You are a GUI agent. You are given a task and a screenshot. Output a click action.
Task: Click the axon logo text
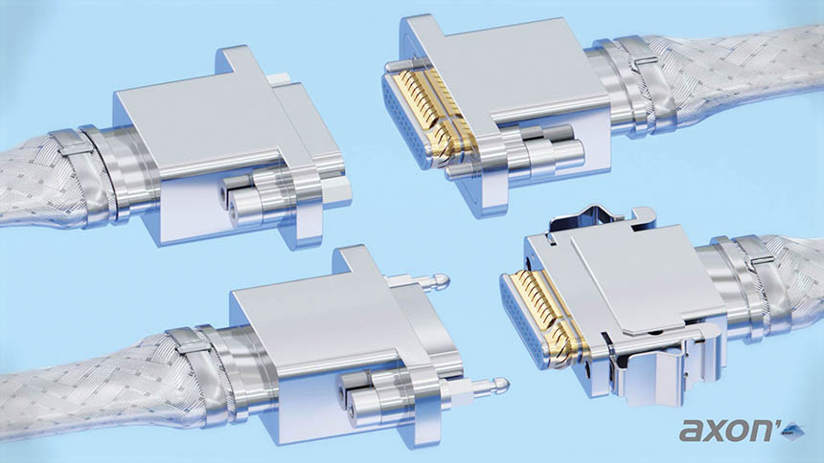tap(728, 430)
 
